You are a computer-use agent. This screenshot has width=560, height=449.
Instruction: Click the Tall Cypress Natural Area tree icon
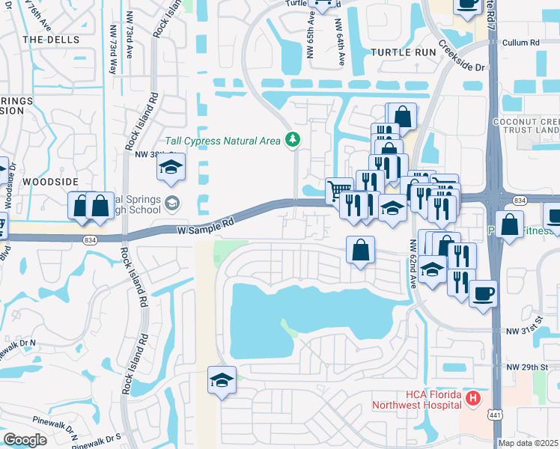point(292,140)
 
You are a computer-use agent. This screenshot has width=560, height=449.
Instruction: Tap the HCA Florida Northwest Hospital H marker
point(472,399)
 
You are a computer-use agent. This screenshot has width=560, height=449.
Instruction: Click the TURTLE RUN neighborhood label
point(402,52)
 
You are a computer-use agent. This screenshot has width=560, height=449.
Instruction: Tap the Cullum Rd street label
point(520,43)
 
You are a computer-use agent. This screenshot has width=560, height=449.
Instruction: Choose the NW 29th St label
point(523,367)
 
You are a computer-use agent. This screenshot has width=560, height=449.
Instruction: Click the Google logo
point(25,440)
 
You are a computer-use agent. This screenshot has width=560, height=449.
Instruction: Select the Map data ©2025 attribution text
point(528,443)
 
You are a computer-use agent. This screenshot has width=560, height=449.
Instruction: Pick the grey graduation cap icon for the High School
point(173,203)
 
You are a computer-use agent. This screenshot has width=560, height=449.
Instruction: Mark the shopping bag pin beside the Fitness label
point(509,225)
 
